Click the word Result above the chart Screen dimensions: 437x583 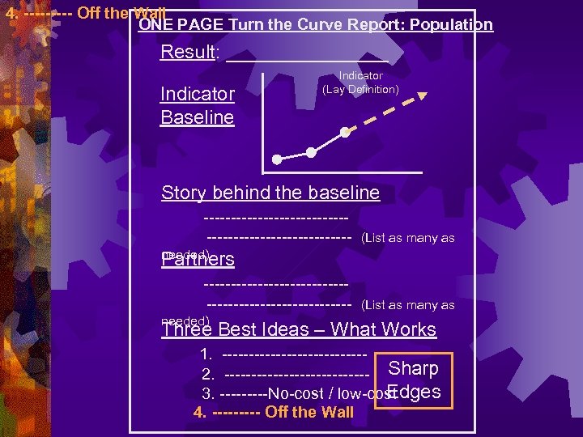pos(188,53)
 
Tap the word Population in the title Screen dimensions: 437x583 pos(451,25)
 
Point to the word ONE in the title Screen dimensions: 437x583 pos(155,25)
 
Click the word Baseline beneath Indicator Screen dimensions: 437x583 pos(198,118)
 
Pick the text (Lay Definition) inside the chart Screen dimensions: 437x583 pos(360,89)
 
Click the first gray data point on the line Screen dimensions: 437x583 pos(277,159)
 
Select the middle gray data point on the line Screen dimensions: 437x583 pos(312,152)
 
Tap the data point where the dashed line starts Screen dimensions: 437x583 pos(345,132)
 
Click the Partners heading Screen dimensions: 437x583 pos(199,260)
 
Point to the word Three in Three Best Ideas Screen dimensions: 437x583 pos(187,330)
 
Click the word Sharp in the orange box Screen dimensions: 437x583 pos(413,369)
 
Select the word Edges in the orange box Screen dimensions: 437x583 pos(414,392)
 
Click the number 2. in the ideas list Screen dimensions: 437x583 pos(208,375)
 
